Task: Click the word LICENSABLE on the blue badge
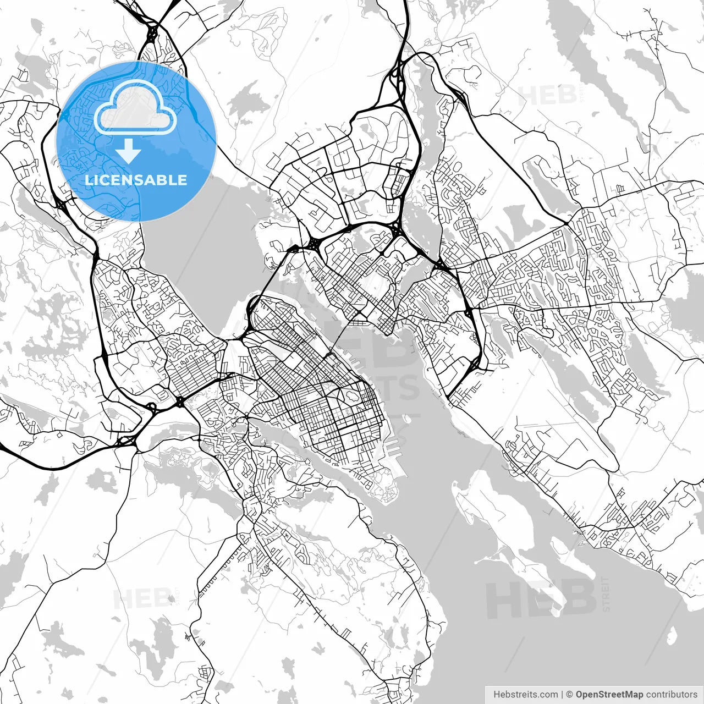click(x=136, y=180)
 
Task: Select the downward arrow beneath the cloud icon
click(x=128, y=151)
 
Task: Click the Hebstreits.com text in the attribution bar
click(x=525, y=694)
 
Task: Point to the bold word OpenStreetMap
click(x=609, y=694)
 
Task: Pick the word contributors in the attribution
click(x=672, y=694)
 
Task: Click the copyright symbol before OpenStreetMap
click(x=570, y=694)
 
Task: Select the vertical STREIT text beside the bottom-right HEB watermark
click(x=606, y=594)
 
